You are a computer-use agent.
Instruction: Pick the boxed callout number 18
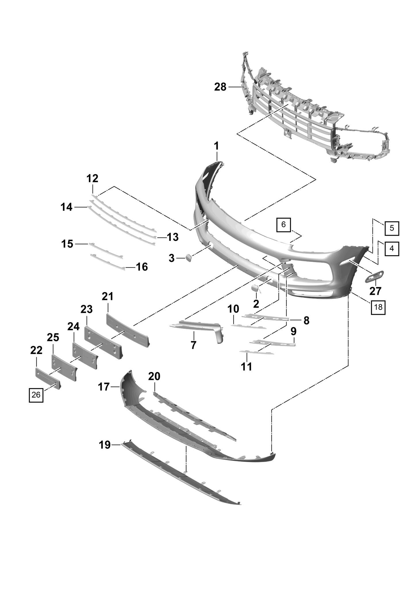coord(378,307)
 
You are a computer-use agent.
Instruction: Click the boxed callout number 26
coord(36,395)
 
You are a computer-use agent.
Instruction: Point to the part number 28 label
coord(220,87)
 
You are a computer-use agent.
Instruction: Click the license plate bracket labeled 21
coord(128,330)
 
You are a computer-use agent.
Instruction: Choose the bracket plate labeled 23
coord(103,342)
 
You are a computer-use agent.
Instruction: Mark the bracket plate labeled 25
coord(64,367)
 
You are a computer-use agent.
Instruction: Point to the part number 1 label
coord(216,146)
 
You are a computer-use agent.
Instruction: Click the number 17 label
coord(104,387)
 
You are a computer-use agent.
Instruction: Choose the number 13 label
coord(172,237)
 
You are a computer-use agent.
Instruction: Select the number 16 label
coord(142,267)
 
